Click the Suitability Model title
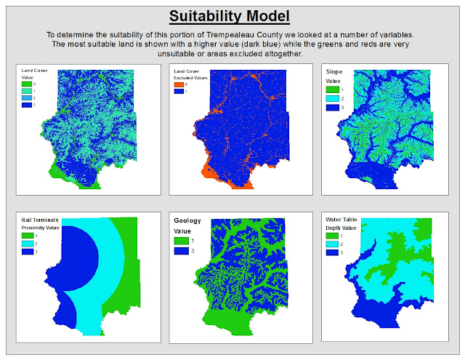point(230,16)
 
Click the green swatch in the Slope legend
point(331,89)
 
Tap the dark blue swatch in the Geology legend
point(179,251)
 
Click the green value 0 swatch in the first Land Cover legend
point(28,84)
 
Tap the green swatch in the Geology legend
point(179,240)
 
